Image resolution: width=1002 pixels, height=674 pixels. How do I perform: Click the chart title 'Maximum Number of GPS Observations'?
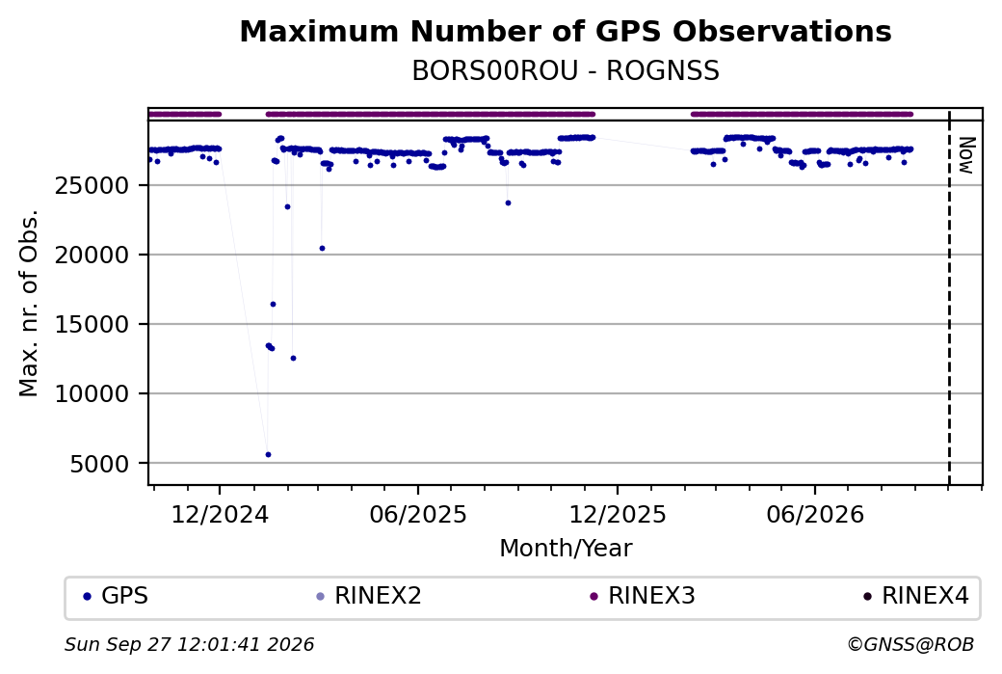tap(566, 31)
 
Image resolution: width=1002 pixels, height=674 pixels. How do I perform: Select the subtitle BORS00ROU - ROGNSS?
tap(566, 71)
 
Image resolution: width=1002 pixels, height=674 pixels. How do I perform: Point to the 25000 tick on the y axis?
tap(92, 185)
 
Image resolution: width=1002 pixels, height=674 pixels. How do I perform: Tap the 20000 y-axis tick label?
tap(92, 256)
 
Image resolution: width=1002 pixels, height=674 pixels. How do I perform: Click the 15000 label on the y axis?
tap(92, 324)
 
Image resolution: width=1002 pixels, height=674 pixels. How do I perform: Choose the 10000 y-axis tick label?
tap(92, 394)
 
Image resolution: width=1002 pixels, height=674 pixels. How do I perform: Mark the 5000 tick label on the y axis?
tap(99, 464)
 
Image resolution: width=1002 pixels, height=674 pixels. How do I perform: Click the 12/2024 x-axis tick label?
tap(220, 514)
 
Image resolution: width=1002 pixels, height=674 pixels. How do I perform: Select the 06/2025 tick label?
tap(418, 514)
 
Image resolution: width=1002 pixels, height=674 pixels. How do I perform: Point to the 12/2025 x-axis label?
tap(618, 514)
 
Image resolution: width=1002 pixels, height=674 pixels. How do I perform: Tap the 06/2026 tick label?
tap(815, 514)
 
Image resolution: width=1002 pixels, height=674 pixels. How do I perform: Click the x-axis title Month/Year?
tap(566, 549)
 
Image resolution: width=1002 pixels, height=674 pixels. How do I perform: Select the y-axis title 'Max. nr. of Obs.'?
tap(30, 303)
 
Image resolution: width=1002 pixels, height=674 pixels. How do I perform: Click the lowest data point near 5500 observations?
tap(269, 455)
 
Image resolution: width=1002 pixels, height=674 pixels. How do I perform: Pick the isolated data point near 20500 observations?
tap(322, 248)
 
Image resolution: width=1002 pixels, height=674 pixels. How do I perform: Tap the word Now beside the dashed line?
tap(966, 155)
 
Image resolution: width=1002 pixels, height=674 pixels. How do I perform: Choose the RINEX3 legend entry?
tap(643, 596)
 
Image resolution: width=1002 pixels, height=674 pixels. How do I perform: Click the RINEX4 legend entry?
tap(916, 596)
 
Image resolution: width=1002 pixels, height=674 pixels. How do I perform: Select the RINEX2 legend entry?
tap(369, 596)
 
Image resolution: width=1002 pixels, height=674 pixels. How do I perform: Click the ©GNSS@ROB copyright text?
tap(910, 644)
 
